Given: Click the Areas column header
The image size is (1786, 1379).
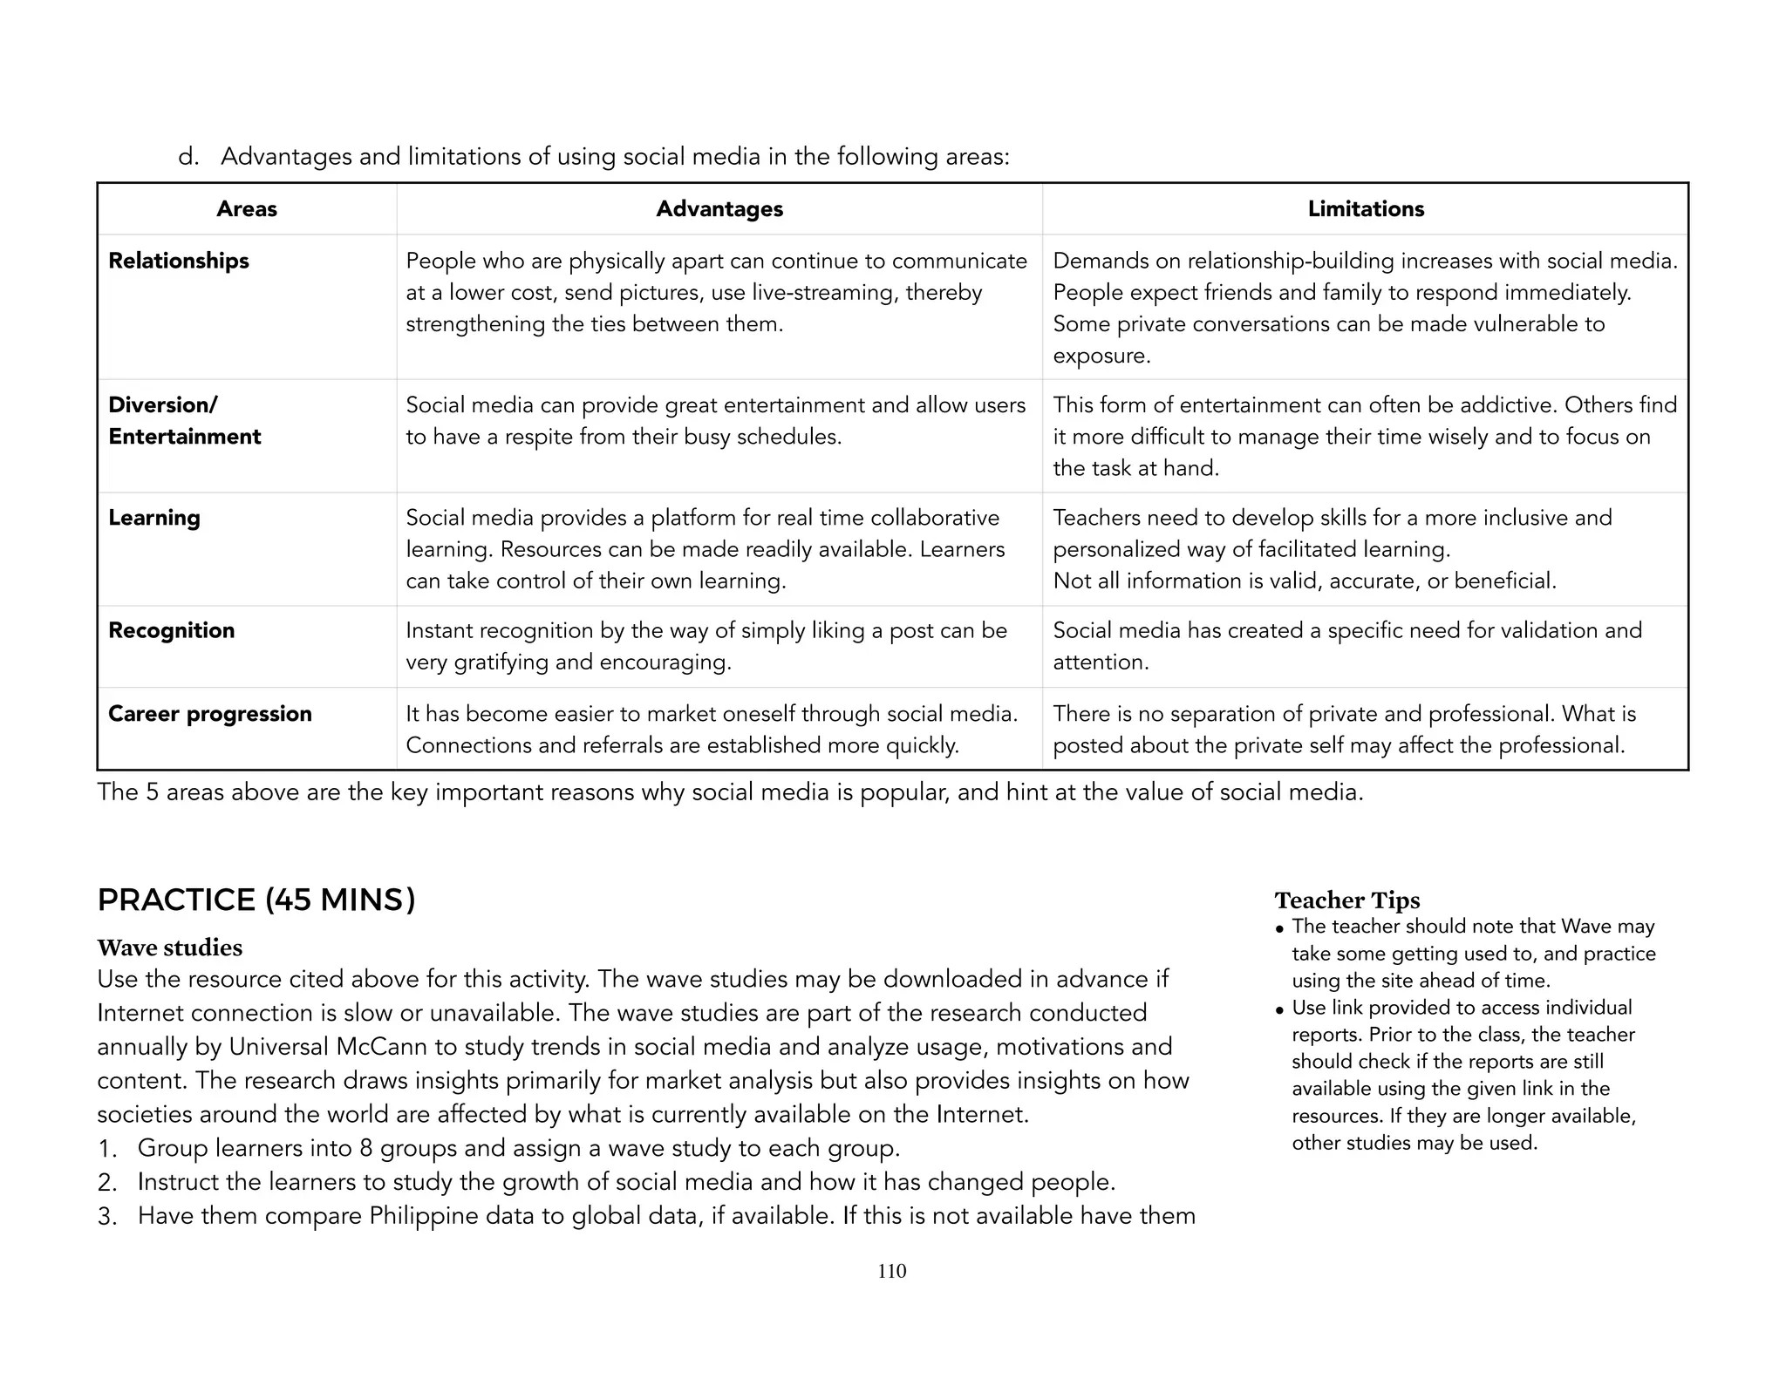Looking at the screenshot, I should point(247,209).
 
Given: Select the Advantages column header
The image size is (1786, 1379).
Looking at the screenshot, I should point(719,209).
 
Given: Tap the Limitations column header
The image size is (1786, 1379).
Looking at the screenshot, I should point(1366,209).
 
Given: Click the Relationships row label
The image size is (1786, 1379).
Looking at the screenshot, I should point(179,261).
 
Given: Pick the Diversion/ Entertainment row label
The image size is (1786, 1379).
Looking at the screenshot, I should point(184,421).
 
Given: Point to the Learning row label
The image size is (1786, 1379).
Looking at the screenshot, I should point(154,518).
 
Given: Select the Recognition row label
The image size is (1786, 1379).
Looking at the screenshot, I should point(172,630).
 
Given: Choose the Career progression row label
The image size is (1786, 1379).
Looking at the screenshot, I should point(210,714).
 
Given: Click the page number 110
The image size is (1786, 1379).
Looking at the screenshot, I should point(892,1271).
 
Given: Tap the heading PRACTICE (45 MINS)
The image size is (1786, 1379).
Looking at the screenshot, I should point(256,900).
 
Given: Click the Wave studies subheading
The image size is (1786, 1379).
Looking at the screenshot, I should point(170,948).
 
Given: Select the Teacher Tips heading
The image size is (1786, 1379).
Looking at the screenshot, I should point(1347,900).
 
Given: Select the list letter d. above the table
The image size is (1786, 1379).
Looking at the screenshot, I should point(188,157).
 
